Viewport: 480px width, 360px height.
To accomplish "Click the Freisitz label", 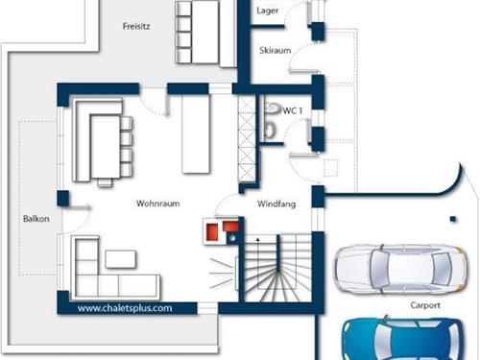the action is [x=136, y=26].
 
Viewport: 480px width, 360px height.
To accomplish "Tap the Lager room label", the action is [x=267, y=11].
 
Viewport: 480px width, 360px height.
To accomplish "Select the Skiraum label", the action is [x=276, y=50].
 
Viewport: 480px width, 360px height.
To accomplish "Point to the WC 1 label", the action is [x=293, y=110].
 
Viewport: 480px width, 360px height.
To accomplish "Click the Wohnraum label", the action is [x=157, y=204].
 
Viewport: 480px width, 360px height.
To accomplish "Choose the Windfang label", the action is [x=276, y=204].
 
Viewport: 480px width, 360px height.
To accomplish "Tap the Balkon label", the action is [x=36, y=219].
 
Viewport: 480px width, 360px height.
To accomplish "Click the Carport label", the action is [x=425, y=305].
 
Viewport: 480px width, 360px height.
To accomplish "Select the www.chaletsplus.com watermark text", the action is [x=125, y=308].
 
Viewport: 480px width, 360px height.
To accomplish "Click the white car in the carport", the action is [x=400, y=270].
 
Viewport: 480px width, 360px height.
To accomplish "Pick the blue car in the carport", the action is [x=402, y=339].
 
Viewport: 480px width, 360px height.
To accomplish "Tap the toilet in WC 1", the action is [x=271, y=130].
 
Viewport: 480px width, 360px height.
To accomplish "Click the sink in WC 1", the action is [x=273, y=108].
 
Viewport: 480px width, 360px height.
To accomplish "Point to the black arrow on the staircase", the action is [x=258, y=239].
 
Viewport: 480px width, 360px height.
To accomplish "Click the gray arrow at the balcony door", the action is [x=80, y=208].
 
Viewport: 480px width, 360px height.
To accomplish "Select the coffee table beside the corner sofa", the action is [x=120, y=259].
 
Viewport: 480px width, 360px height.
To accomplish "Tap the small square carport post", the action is [x=452, y=219].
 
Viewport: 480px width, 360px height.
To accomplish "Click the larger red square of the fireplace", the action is [x=212, y=231].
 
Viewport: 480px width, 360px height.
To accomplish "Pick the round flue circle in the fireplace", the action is [x=232, y=238].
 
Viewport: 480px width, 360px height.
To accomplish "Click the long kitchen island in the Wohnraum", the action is [x=196, y=133].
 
